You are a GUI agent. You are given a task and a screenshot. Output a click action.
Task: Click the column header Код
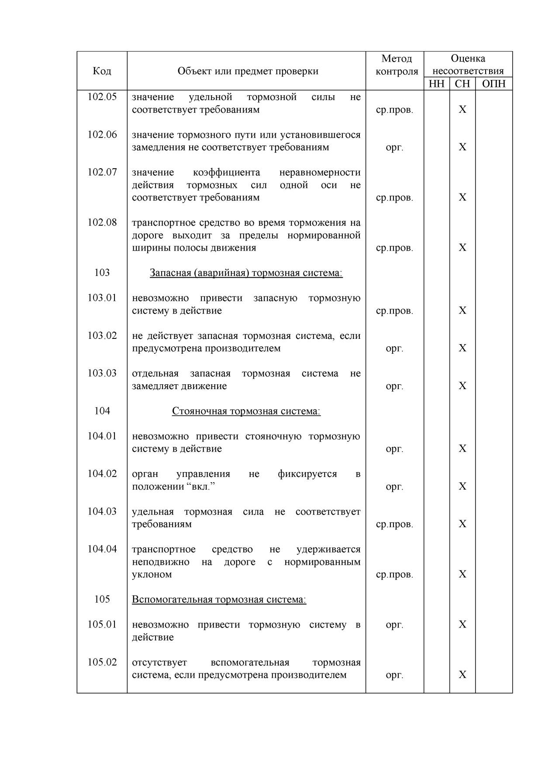pos(102,71)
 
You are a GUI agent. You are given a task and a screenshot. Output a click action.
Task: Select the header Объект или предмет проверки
pos(248,71)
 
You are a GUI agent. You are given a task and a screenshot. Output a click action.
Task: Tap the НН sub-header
pos(436,84)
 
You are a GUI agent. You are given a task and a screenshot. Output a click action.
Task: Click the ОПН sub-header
pos(494,84)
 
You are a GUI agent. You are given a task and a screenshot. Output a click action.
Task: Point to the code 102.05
pos(102,97)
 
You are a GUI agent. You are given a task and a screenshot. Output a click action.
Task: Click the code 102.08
pos(102,222)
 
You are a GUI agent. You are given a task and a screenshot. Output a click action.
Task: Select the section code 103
pos(102,273)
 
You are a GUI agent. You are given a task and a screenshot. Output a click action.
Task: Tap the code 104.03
pos(102,511)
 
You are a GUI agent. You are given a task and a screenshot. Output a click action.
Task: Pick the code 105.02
pos(102,662)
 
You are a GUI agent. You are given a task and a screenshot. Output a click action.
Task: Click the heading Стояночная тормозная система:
pos(246,411)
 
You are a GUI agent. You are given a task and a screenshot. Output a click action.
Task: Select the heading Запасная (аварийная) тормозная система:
pos(246,273)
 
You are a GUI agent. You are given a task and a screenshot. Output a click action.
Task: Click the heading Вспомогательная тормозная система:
pos(219,599)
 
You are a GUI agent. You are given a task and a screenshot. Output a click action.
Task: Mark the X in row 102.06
pos(463,147)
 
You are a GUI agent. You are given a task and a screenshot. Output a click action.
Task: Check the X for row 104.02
pos(463,486)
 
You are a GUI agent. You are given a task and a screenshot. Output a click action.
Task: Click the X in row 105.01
pos(463,625)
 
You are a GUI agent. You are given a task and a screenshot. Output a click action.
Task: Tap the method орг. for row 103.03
pos(394,386)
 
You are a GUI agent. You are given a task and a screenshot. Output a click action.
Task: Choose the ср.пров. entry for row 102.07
pos(394,197)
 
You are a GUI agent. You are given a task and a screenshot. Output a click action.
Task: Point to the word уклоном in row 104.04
pos(152,574)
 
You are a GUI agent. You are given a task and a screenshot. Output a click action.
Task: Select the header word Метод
pos(396,59)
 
